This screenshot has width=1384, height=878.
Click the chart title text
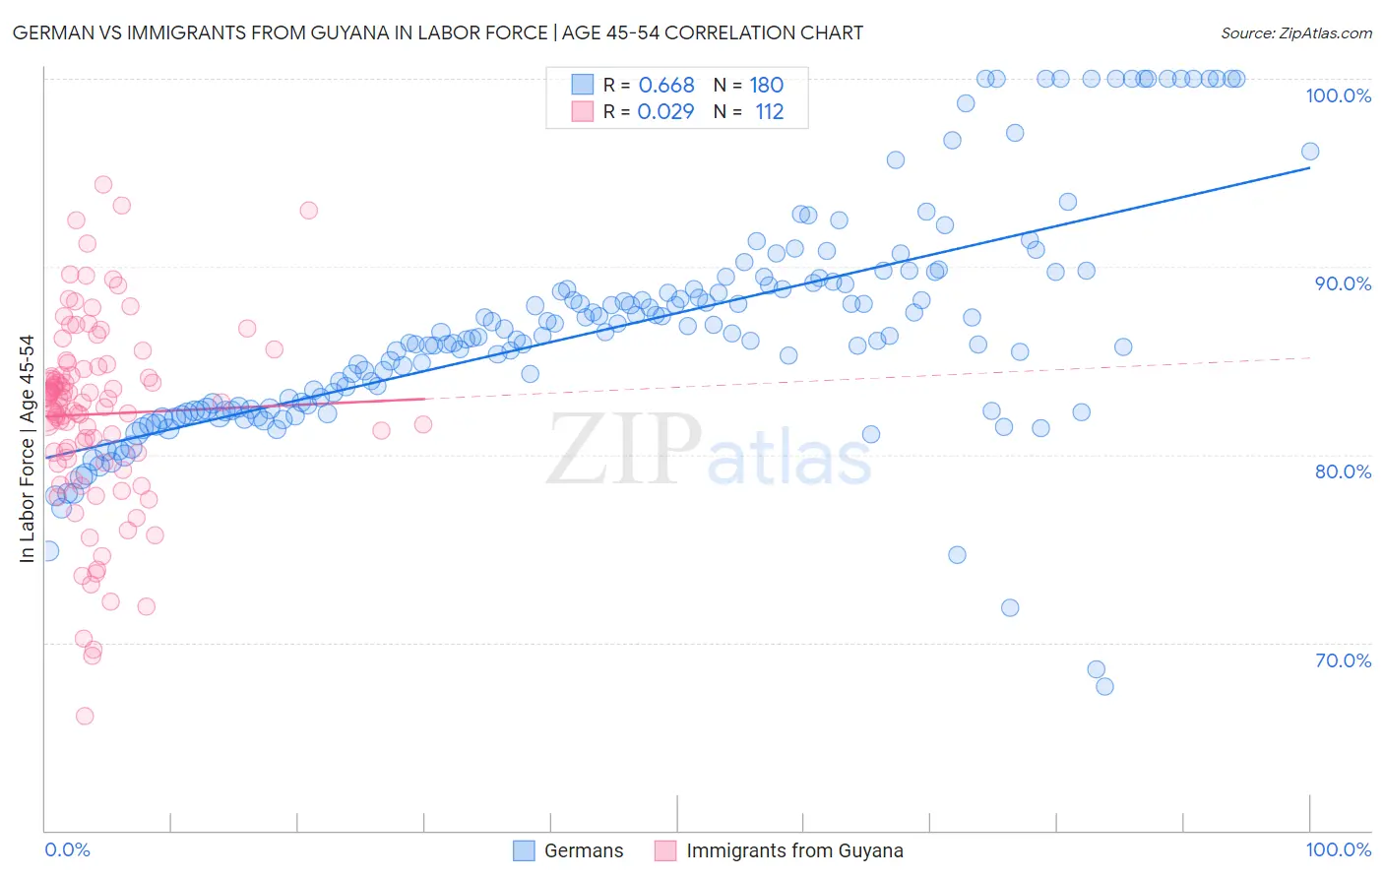coord(438,32)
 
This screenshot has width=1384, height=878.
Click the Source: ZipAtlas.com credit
coord(1295,32)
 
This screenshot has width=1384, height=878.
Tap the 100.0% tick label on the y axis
coord(1338,95)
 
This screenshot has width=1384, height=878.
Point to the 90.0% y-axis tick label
coord(1343,283)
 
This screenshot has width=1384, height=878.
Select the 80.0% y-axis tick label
coord(1343,471)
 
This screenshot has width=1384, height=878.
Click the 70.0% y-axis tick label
coord(1343,660)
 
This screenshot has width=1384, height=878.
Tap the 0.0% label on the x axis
coord(67,849)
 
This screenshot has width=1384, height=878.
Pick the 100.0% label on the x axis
coord(1338,849)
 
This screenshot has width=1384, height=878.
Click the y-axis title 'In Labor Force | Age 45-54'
coord(27,449)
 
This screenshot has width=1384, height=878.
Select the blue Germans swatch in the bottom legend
coord(525,850)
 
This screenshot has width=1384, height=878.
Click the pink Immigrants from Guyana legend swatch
coord(665,850)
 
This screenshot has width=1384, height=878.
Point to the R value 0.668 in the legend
coord(666,85)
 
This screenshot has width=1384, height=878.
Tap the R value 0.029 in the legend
coord(665,111)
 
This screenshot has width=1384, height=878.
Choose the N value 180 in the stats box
coord(766,85)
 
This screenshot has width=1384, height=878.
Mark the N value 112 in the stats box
coord(769,111)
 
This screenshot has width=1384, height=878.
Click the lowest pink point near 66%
coord(85,716)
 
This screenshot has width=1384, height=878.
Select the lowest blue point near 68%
coord(1104,686)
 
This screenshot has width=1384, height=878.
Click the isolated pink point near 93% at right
coord(308,210)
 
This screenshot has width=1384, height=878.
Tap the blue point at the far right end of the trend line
coord(1309,152)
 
